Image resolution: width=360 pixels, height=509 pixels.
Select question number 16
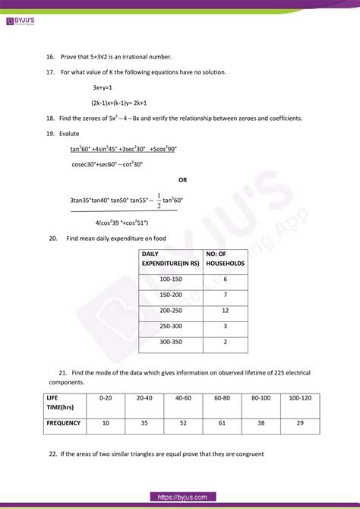click(x=49, y=57)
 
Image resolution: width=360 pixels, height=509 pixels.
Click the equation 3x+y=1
click(x=104, y=87)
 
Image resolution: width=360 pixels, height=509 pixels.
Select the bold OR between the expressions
click(x=182, y=180)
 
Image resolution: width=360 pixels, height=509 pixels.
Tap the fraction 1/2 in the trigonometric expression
click(x=158, y=199)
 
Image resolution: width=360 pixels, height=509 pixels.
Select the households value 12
click(x=226, y=311)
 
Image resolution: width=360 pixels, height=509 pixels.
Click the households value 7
click(x=226, y=294)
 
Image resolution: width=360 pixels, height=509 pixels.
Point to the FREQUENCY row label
click(x=64, y=422)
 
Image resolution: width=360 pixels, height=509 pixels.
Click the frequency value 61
click(x=223, y=422)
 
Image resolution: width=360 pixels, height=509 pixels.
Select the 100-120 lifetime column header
click(x=301, y=397)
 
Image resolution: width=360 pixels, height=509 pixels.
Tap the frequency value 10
click(x=105, y=422)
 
